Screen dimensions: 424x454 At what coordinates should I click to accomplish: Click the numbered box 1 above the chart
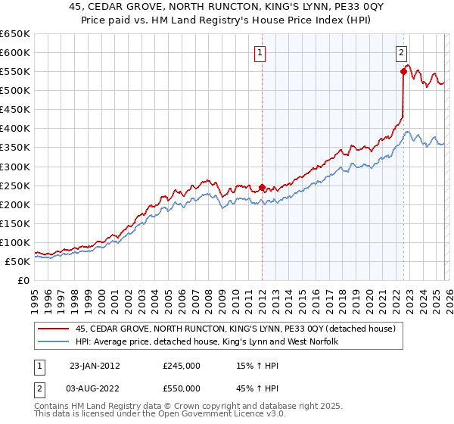(260, 53)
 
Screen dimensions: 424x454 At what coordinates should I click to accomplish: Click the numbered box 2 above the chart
(401, 53)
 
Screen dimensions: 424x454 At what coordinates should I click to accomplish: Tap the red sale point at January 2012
(262, 187)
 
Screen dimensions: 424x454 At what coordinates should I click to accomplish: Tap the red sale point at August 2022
(403, 71)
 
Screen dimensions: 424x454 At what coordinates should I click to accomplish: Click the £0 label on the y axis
(22, 280)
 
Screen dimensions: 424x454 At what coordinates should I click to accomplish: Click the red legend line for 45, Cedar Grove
(54, 329)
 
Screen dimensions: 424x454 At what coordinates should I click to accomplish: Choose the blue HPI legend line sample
(54, 342)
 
